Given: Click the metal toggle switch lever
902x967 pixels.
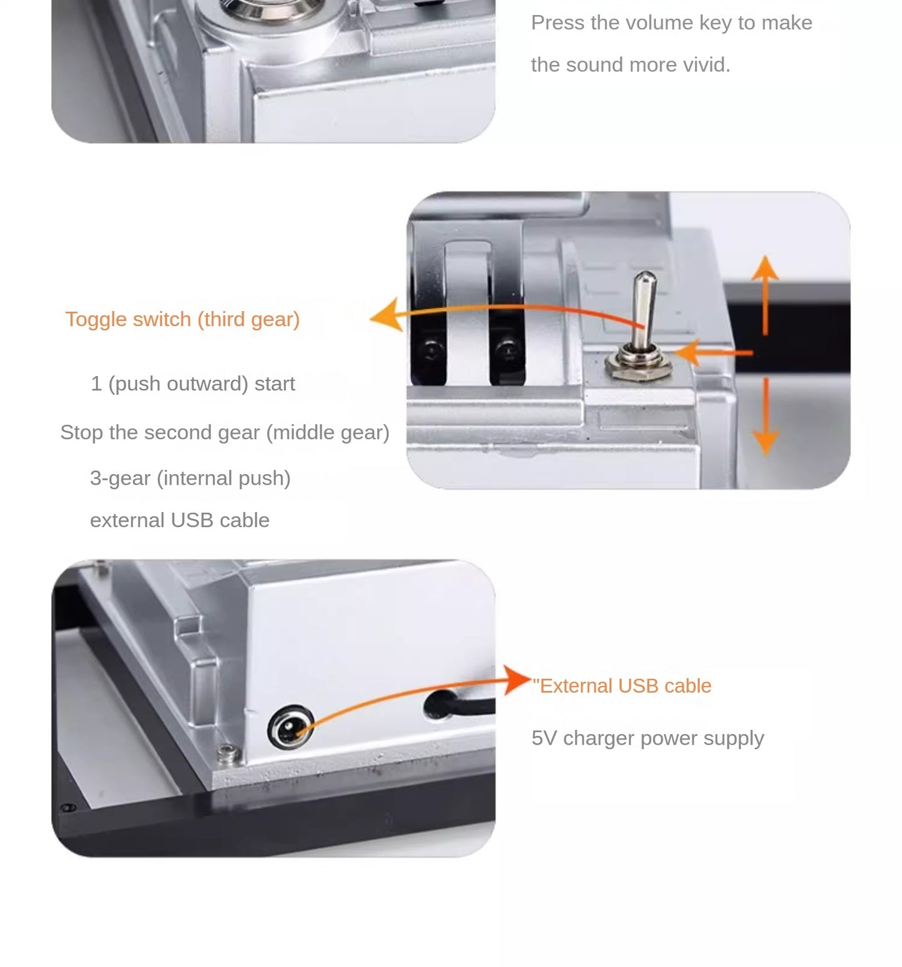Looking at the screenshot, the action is pyautogui.click(x=643, y=309).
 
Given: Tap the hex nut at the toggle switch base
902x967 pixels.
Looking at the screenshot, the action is pyautogui.click(x=639, y=365).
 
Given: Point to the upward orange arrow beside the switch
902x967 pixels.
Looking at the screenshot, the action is pyautogui.click(x=765, y=294).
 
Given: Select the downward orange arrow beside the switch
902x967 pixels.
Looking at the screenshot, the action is pyautogui.click(x=765, y=415).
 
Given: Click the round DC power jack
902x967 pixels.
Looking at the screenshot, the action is pyautogui.click(x=290, y=726).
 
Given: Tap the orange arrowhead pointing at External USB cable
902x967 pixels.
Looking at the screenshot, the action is pyautogui.click(x=517, y=680).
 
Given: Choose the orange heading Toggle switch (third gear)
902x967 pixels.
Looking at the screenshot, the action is pyautogui.click(x=182, y=319).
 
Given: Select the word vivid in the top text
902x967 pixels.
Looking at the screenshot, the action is pyautogui.click(x=704, y=65).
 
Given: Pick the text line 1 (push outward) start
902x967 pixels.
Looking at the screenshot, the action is pyautogui.click(x=193, y=384).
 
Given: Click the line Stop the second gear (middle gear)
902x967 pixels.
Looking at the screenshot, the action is pyautogui.click(x=225, y=432).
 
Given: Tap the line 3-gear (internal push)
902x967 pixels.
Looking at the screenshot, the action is pyautogui.click(x=190, y=479).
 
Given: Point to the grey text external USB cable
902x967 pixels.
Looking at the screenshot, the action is pyautogui.click(x=180, y=520).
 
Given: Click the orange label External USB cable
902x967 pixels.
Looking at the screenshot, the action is pyautogui.click(x=622, y=686).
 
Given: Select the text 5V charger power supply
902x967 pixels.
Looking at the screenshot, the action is pyautogui.click(x=648, y=738).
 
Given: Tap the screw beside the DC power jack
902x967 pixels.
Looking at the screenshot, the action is pyautogui.click(x=228, y=754).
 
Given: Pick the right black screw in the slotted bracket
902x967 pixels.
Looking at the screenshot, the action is pyautogui.click(x=507, y=347).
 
